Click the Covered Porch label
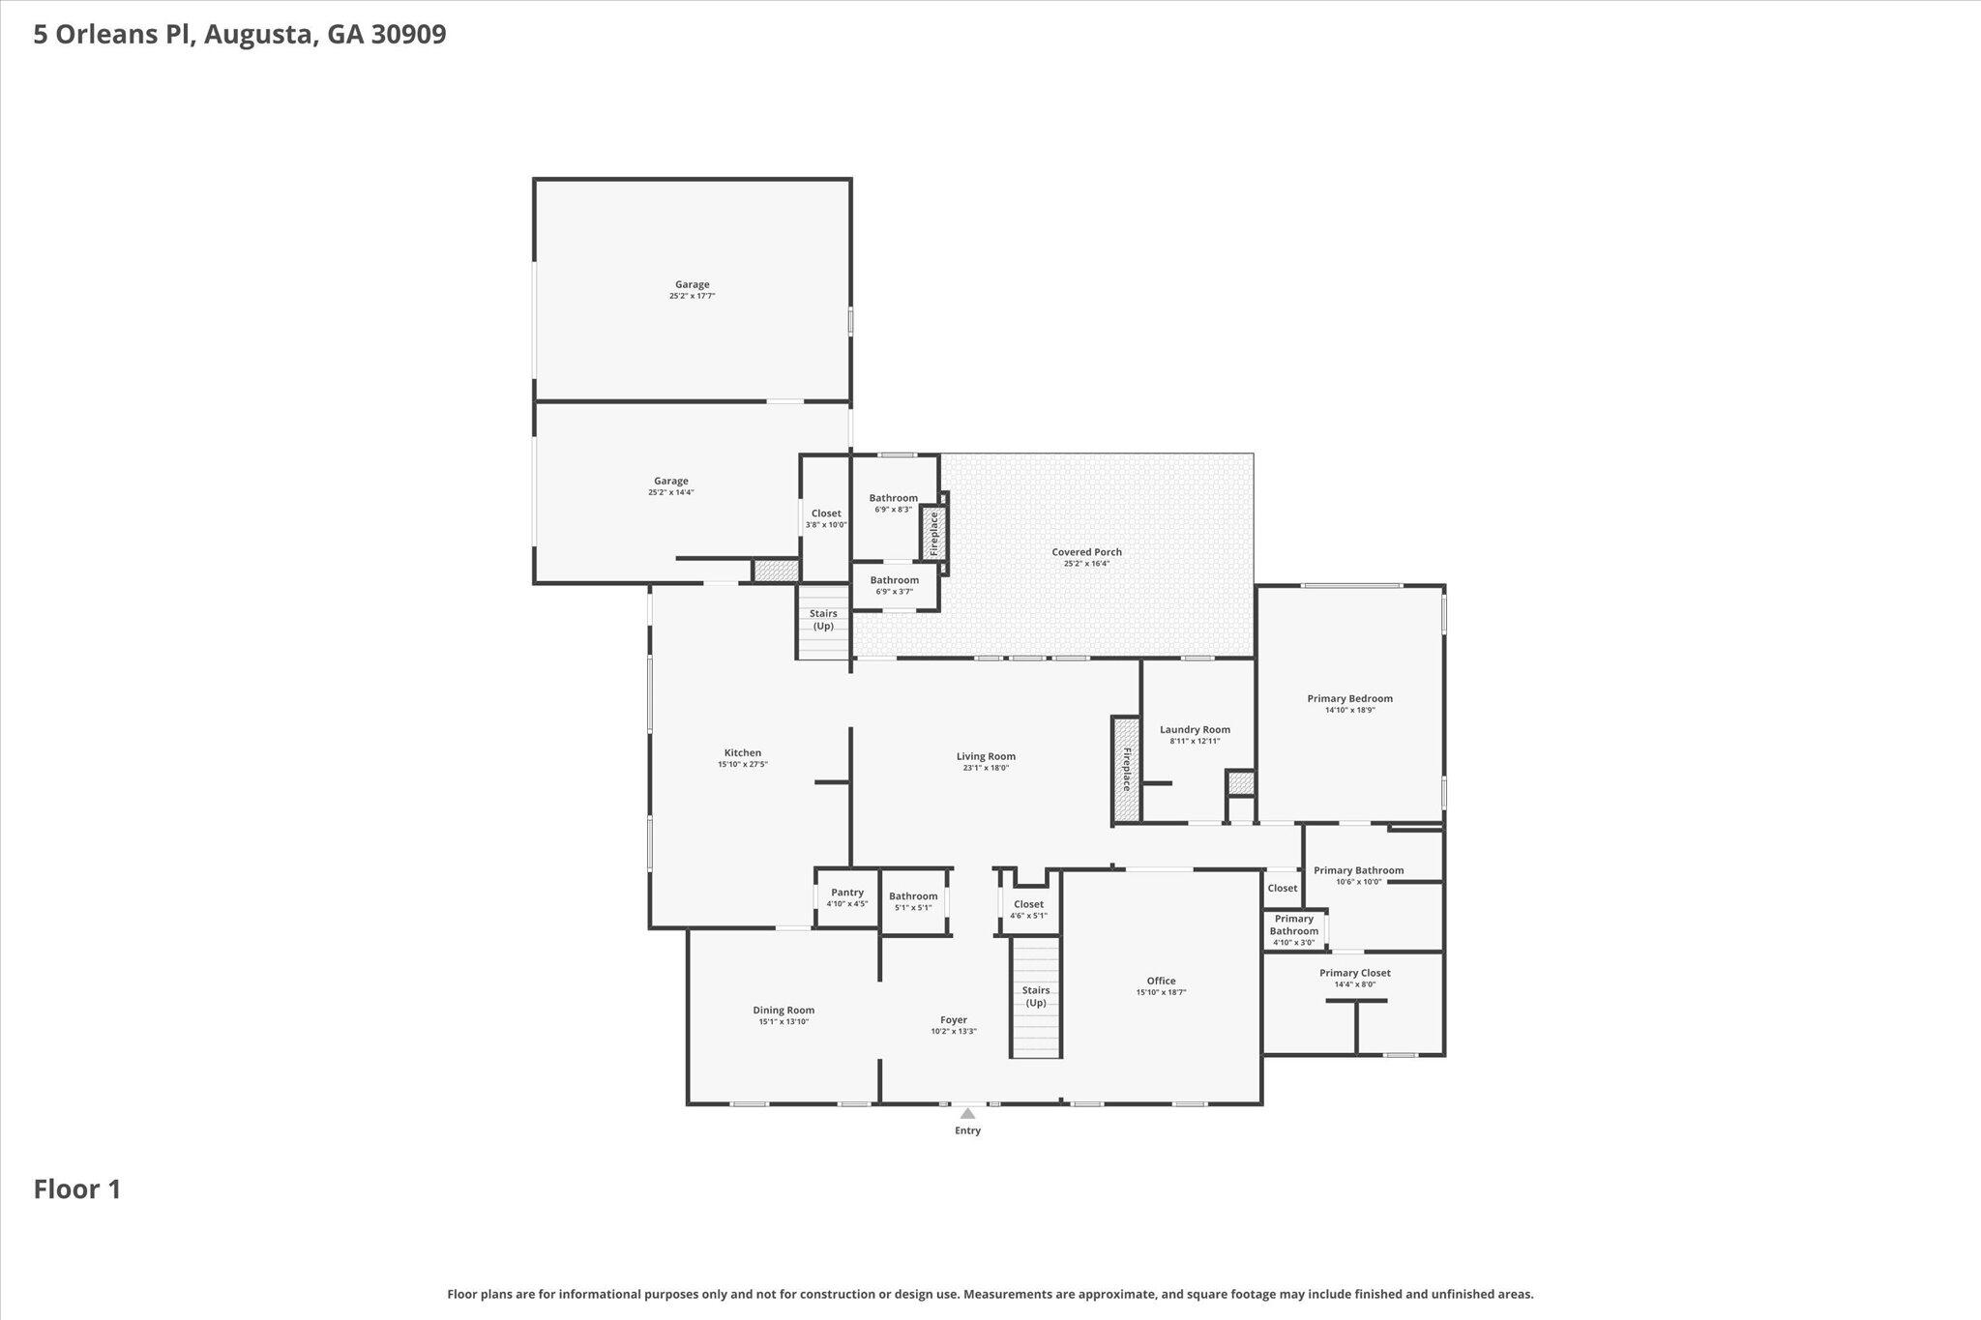(x=1086, y=552)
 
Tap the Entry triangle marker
(x=967, y=1113)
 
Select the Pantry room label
(x=846, y=893)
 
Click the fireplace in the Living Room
(x=1126, y=770)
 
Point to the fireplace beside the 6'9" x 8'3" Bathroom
(x=933, y=533)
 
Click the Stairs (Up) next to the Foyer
(x=1036, y=996)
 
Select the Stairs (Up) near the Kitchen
(x=823, y=620)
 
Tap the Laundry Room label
(x=1195, y=730)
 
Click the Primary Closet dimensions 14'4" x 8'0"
(x=1354, y=984)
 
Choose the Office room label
(x=1161, y=981)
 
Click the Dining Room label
(x=784, y=1010)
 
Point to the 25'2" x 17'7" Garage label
(x=692, y=284)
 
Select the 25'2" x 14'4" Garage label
(x=670, y=481)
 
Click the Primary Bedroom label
(x=1349, y=698)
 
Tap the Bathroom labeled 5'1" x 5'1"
(x=913, y=896)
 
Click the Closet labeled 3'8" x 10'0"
(x=826, y=513)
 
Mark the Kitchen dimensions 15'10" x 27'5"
(x=742, y=765)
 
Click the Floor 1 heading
(x=77, y=1188)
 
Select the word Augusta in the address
(x=259, y=35)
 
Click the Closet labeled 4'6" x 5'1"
(x=1028, y=904)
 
